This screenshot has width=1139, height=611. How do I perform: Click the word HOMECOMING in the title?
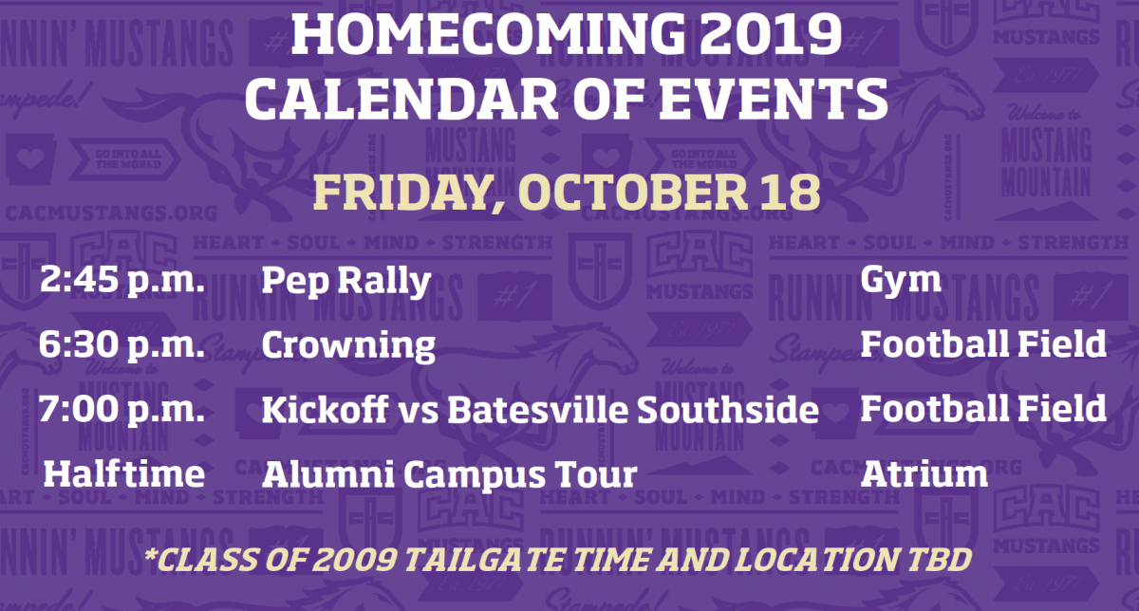point(488,33)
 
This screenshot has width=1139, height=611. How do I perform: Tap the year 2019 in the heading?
point(771,33)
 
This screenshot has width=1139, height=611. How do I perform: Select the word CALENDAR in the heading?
point(402,99)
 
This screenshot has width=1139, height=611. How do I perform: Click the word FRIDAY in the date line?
point(408,194)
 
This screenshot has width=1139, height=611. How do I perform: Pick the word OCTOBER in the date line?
point(633,193)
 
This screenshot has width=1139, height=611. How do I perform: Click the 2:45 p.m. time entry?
point(122,280)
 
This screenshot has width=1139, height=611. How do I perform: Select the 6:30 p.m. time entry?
point(122,344)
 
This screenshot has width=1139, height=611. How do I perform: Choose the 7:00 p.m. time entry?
point(122,409)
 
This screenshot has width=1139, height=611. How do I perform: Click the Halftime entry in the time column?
point(124,473)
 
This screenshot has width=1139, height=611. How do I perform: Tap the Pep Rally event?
point(345,281)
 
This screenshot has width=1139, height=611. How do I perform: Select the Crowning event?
point(348,346)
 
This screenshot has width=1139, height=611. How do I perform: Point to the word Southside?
point(728,409)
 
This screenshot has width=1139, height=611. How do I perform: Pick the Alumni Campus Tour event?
point(450,475)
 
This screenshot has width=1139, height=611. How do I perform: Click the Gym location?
point(901,281)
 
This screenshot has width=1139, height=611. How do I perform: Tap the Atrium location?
point(924,473)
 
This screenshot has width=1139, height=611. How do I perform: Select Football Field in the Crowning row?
point(983,344)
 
